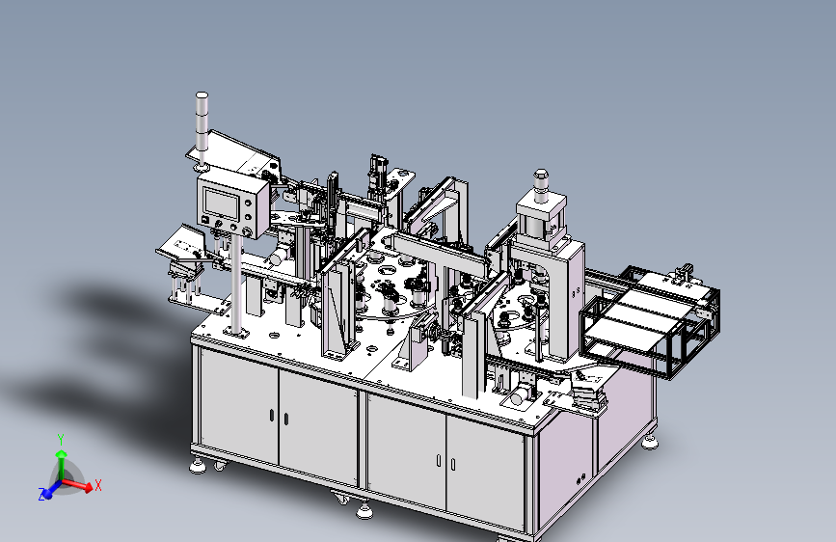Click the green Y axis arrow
(x=62, y=463)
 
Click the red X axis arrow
(x=78, y=485)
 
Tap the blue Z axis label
(x=41, y=494)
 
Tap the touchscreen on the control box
(x=221, y=203)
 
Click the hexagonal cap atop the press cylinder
(x=541, y=176)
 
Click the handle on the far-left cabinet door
(x=271, y=415)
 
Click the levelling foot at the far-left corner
(x=198, y=466)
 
